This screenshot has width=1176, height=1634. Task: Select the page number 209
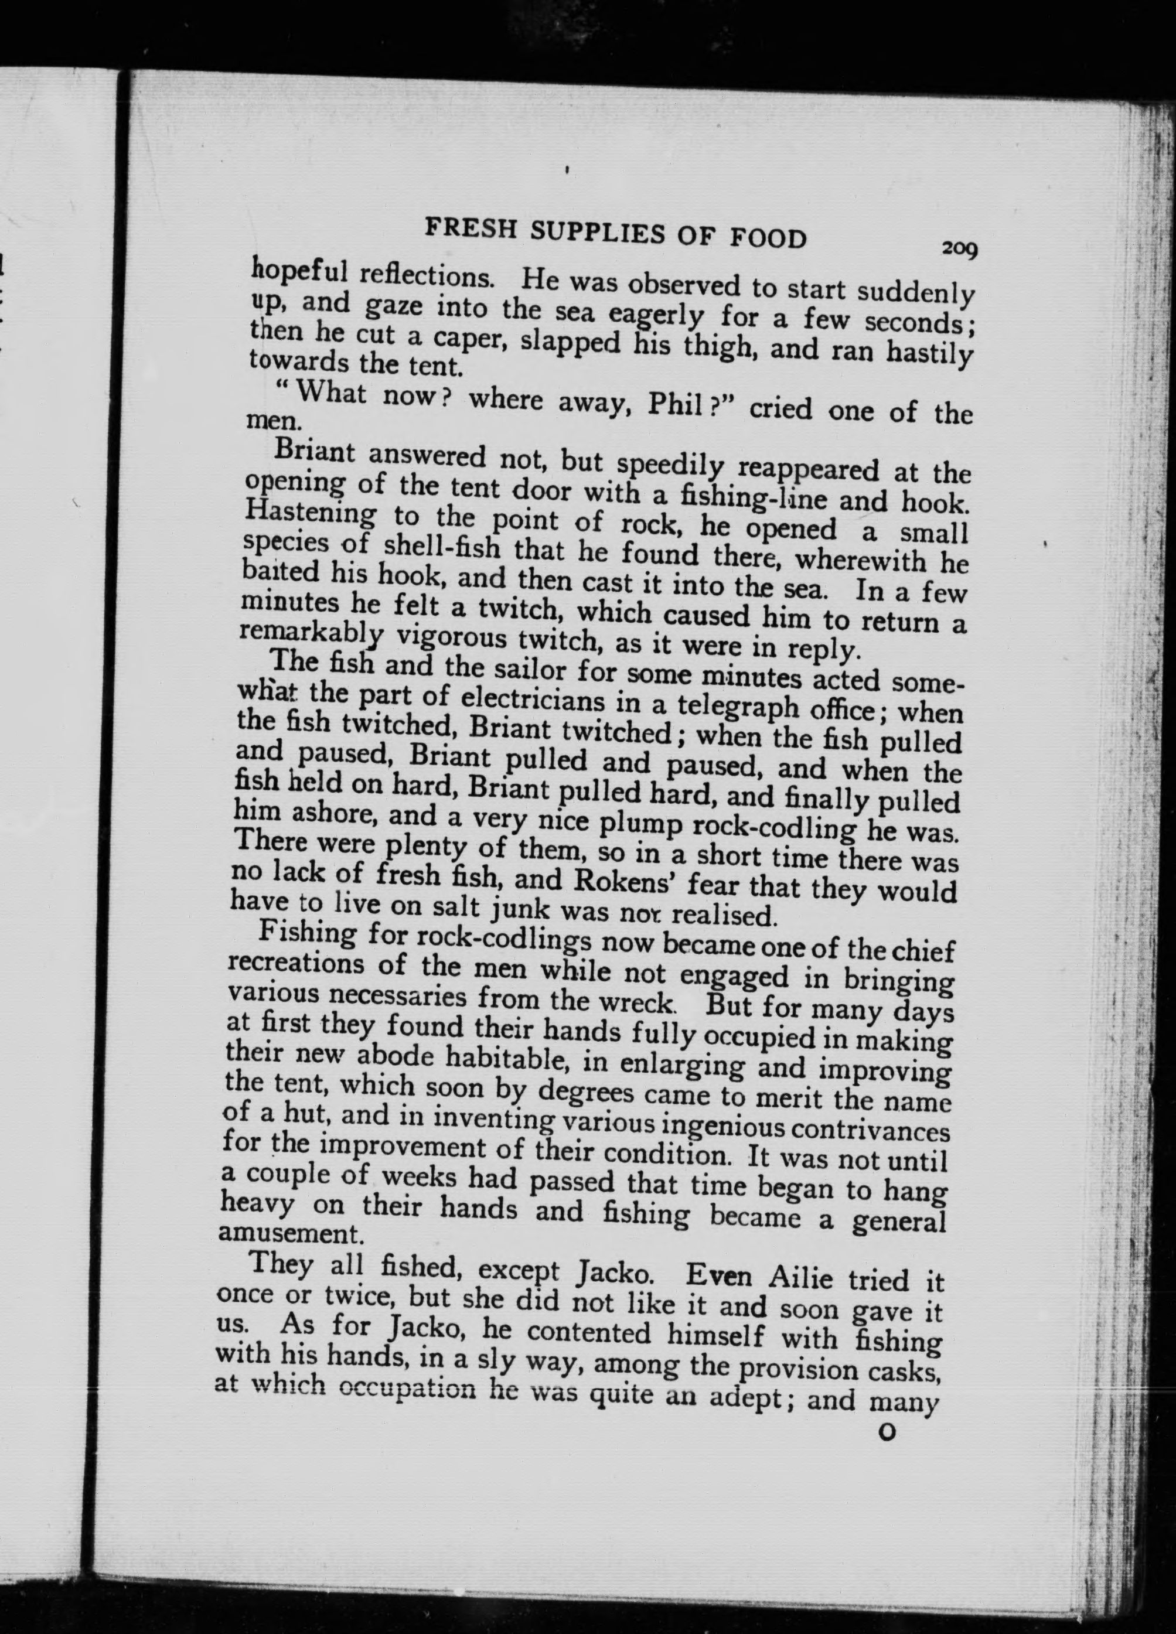pos(959,248)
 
